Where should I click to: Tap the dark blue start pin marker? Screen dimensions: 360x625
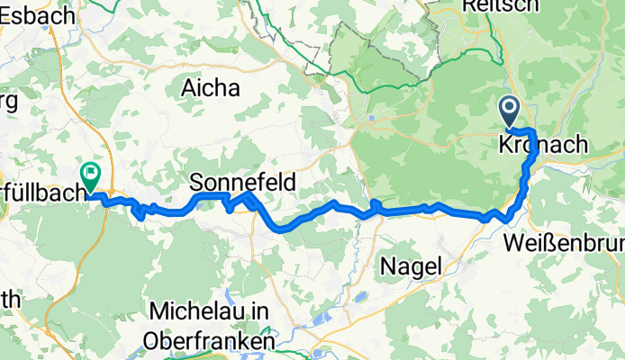point(509,112)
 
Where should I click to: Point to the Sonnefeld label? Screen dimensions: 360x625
point(242,181)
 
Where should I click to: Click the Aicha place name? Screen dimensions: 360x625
point(211,88)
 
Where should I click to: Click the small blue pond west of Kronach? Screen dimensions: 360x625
point(371,118)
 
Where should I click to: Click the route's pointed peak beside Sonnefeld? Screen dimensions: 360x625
point(249,193)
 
